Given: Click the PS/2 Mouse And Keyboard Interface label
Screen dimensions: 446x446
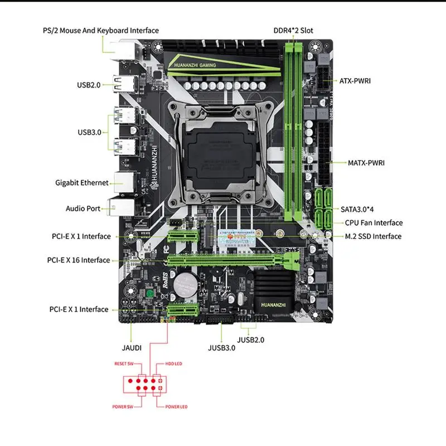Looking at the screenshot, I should click(100, 31).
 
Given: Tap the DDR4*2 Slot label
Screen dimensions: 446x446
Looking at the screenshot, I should click(293, 30).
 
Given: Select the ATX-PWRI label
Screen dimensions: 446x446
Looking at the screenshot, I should click(355, 81).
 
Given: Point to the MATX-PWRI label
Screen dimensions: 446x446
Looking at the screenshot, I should click(366, 163).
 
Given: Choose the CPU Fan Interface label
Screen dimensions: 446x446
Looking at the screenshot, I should click(374, 223).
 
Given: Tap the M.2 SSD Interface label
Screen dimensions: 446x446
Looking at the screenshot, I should click(373, 236).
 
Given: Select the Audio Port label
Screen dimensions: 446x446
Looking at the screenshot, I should click(83, 209).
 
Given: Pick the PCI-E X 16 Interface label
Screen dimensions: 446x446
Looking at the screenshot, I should click(79, 260).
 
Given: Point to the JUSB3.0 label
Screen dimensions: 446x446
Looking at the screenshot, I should click(221, 347).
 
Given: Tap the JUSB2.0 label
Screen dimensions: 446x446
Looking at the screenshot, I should click(250, 339).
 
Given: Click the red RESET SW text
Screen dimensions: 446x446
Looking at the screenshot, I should click(124, 363).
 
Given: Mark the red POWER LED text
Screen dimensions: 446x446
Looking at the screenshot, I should click(176, 406).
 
